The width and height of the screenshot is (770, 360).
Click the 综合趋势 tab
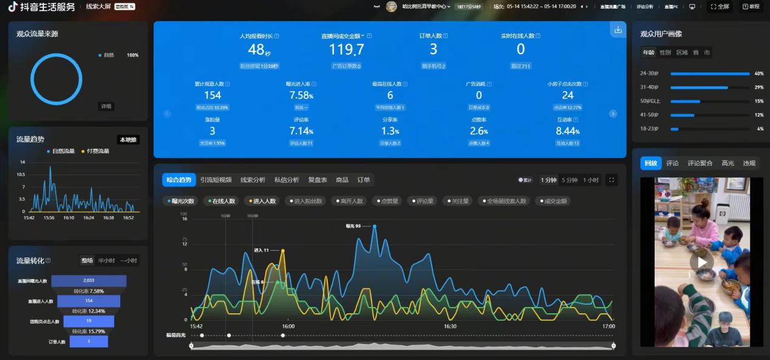click(179, 180)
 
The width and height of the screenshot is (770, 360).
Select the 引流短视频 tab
click(216, 180)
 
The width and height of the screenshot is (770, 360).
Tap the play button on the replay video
click(701, 262)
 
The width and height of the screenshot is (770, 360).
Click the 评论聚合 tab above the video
click(700, 163)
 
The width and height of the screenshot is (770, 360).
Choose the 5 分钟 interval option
click(570, 180)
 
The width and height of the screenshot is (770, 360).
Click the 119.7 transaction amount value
click(346, 50)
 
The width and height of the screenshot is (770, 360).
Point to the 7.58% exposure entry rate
click(301, 95)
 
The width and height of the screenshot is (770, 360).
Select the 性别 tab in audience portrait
click(666, 53)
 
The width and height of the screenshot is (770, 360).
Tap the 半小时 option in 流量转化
click(106, 260)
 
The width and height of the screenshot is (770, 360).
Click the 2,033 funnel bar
click(89, 280)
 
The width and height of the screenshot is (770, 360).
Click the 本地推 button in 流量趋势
click(128, 140)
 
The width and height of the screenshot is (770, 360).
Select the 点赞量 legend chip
click(386, 201)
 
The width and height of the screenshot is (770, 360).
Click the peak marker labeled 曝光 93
click(375, 226)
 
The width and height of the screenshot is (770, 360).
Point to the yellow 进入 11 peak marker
click(282, 250)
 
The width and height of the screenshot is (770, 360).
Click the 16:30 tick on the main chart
click(450, 326)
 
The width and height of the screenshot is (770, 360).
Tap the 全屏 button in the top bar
click(720, 7)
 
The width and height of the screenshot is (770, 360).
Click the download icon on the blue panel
click(618, 30)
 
